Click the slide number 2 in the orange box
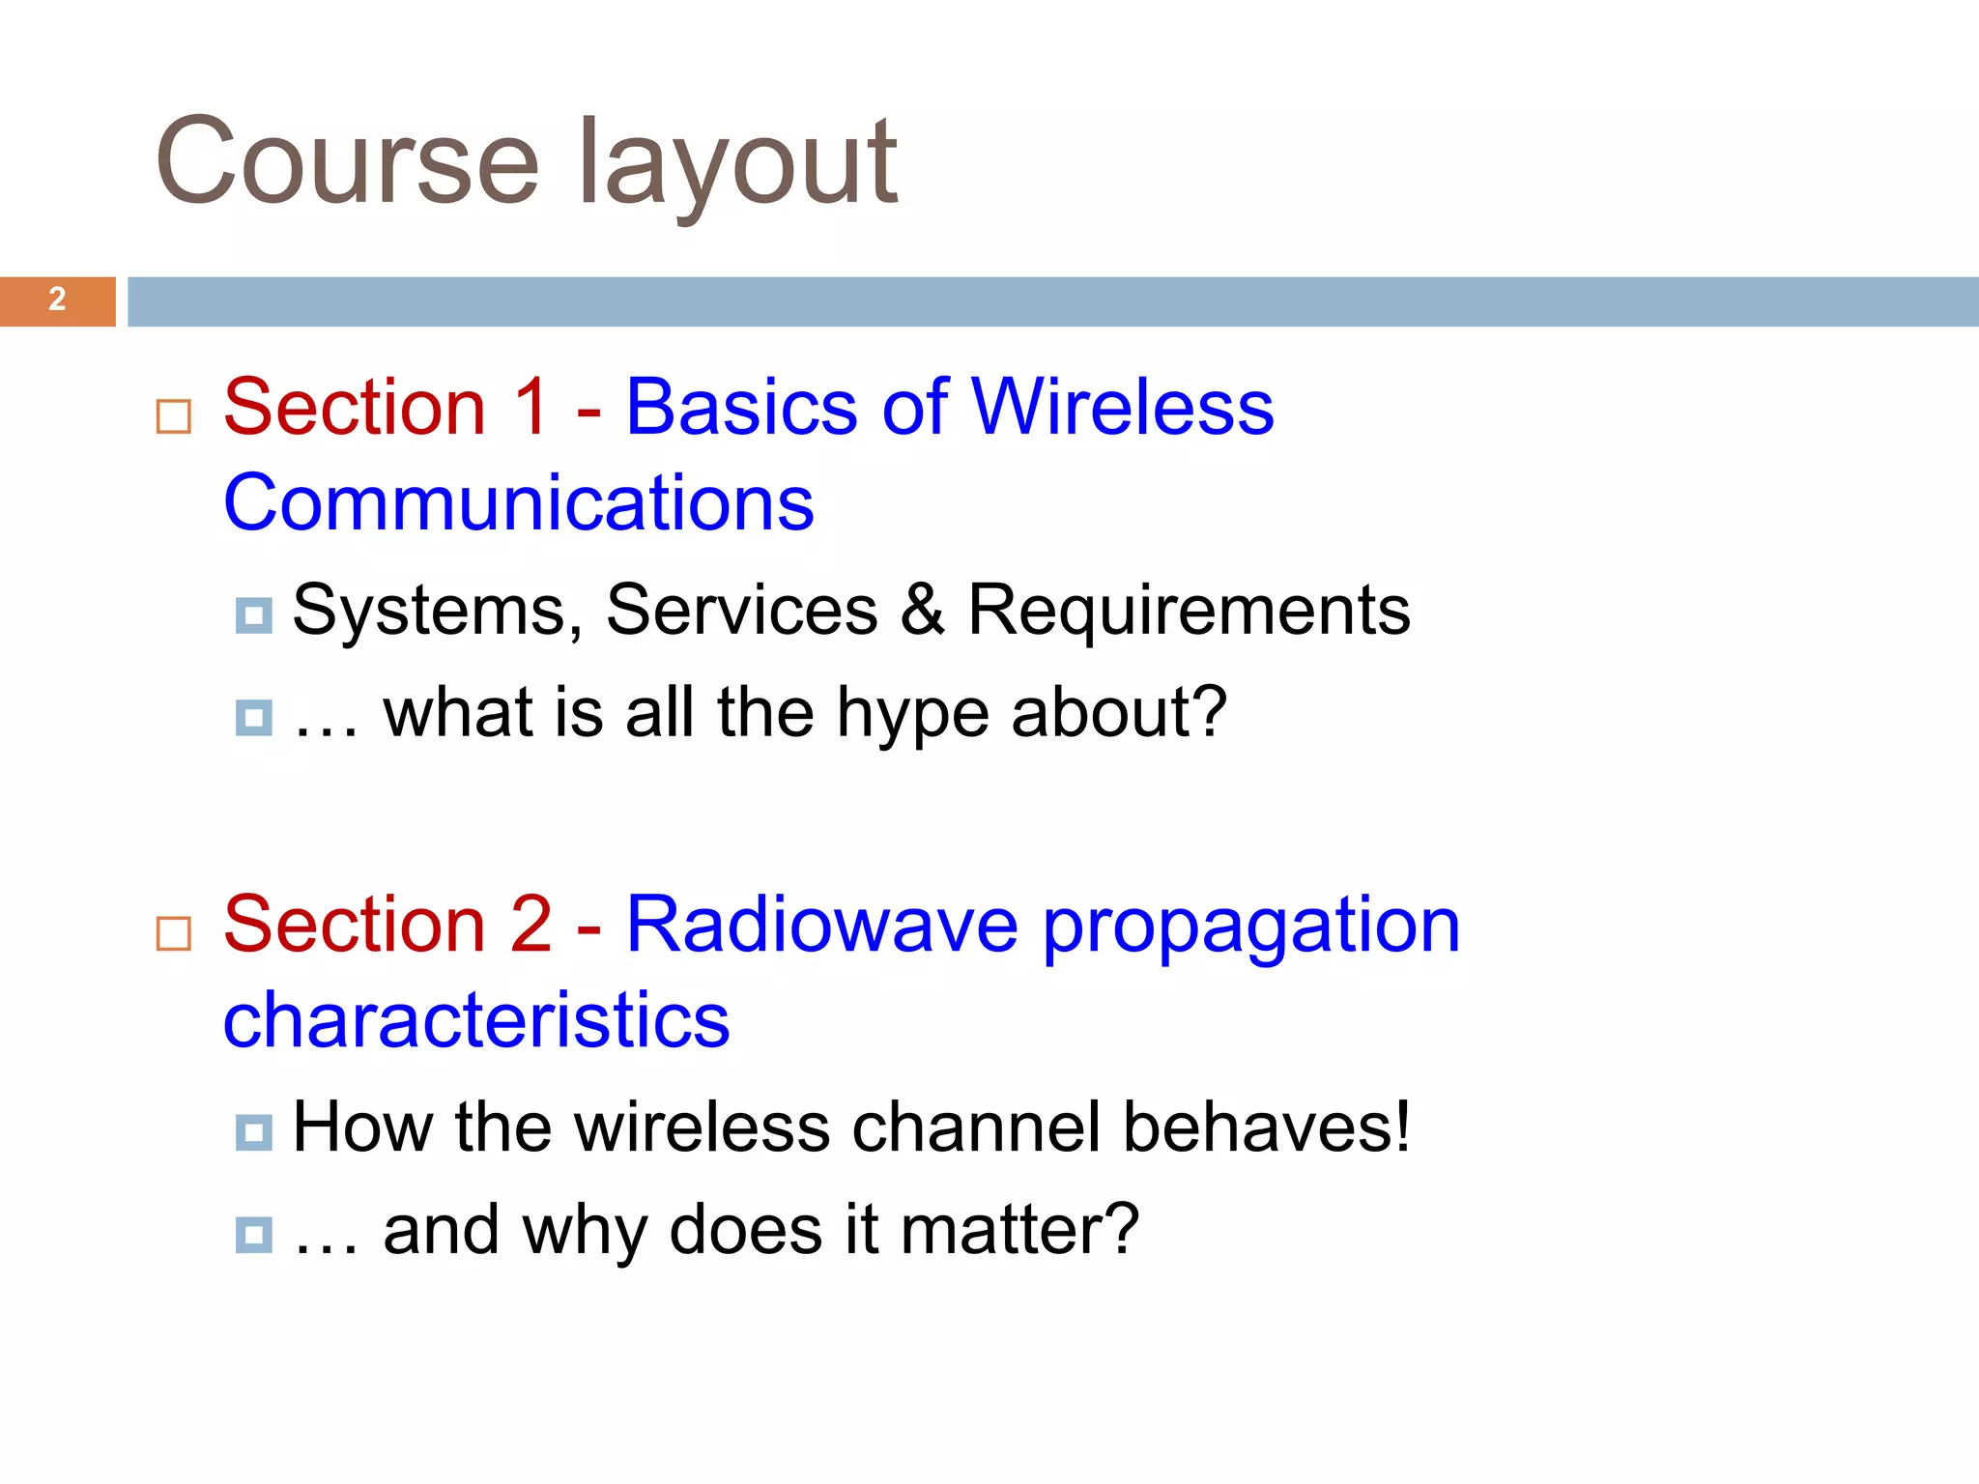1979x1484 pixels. click(x=57, y=300)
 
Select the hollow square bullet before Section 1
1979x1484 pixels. click(x=174, y=416)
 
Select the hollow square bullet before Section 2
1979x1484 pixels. click(x=174, y=933)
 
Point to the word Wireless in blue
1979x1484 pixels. click(x=1122, y=406)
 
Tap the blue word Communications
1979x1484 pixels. click(x=519, y=502)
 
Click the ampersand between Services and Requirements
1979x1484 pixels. click(x=922, y=610)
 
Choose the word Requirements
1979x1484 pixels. click(x=1189, y=610)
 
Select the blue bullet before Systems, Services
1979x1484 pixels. click(x=254, y=615)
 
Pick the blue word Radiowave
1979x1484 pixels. click(x=822, y=924)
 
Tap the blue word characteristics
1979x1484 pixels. click(x=476, y=1020)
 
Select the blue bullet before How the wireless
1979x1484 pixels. click(x=254, y=1132)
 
